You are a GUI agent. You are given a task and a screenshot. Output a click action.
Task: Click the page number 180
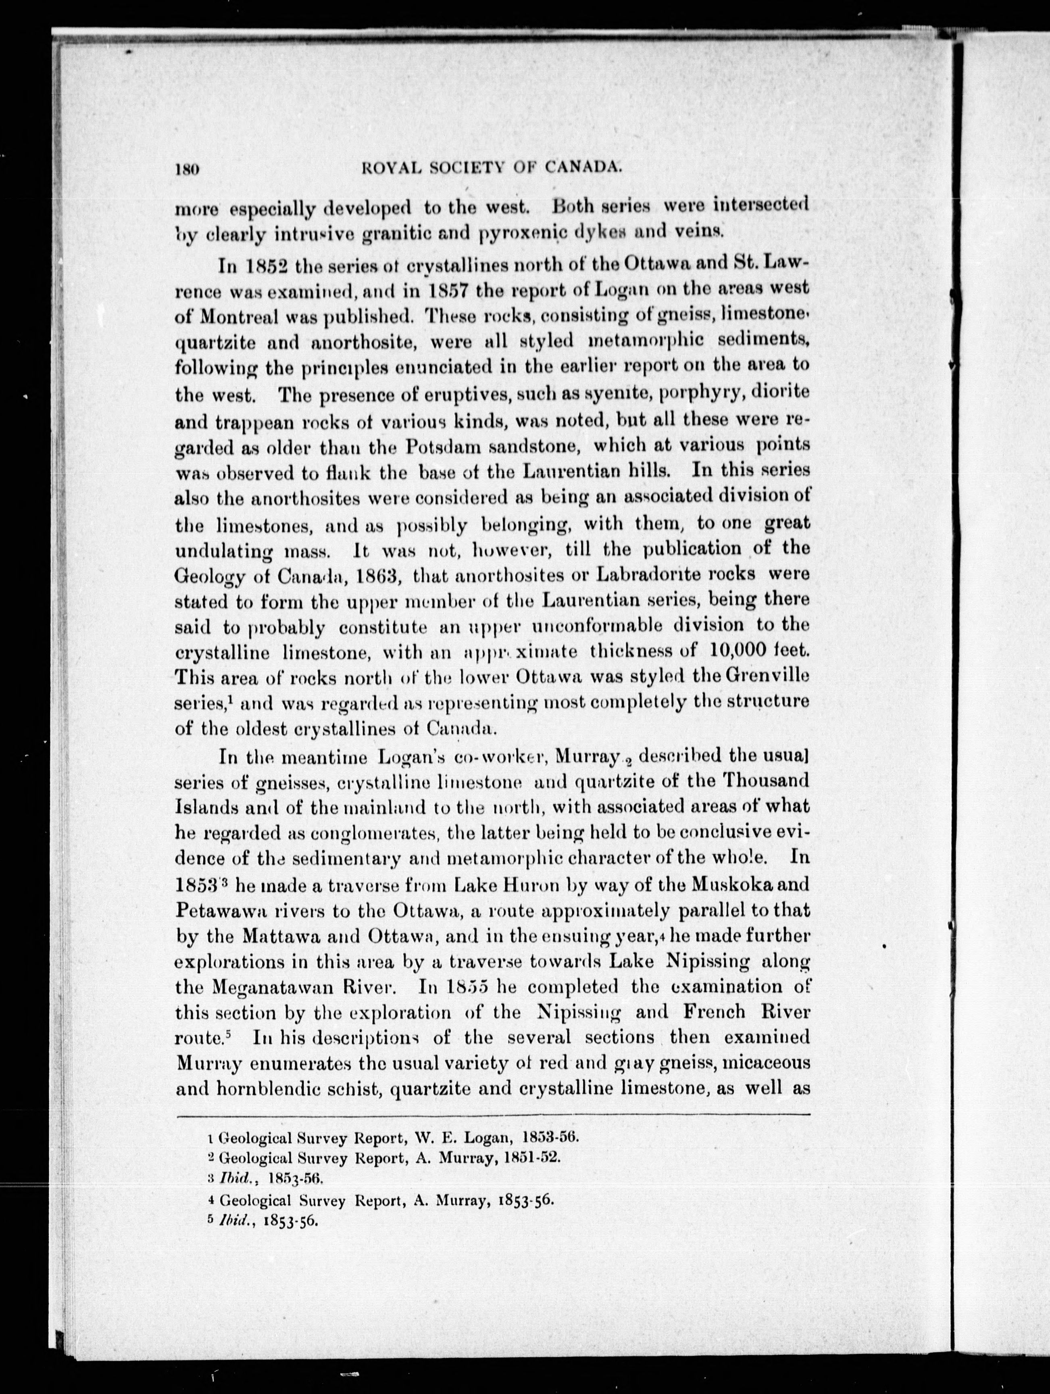point(188,168)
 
